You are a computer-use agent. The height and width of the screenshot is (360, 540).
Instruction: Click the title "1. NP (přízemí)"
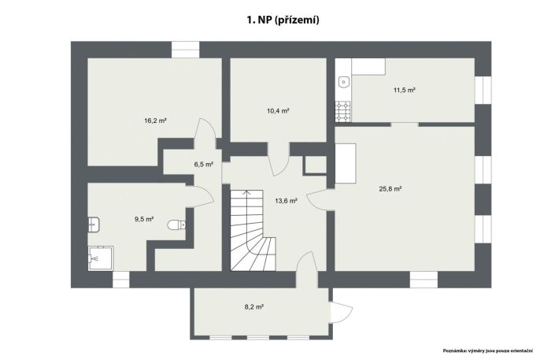pos(283,20)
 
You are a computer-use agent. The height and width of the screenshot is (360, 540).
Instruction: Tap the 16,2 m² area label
pos(155,121)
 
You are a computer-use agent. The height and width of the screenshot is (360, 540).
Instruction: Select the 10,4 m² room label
pos(278,111)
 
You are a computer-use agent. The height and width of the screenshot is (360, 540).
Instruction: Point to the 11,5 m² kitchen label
pos(405,91)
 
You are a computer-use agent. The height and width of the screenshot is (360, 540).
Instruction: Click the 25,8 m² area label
pos(390,189)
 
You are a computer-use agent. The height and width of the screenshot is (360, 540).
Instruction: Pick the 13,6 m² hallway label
pos(287,201)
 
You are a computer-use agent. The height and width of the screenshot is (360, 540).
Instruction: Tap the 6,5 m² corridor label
pos(204,165)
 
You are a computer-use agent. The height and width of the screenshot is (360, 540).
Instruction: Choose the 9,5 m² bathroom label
pos(144,219)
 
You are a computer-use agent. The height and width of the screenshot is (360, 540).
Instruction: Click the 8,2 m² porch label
pos(254,307)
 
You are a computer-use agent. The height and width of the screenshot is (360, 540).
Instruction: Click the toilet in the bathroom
pos(176,225)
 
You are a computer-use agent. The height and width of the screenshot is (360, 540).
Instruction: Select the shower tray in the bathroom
pos(101,258)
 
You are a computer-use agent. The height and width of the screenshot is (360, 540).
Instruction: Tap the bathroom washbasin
pos(94,225)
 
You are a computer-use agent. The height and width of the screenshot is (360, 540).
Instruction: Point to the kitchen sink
pos(344,82)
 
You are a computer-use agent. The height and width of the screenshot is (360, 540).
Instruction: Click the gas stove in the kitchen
pos(342,111)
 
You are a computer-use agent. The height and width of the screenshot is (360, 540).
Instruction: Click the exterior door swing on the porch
pos(342,313)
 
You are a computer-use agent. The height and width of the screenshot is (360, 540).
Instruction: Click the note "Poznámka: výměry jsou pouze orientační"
pos(488,351)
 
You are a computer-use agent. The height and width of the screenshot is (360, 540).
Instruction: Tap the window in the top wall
pos(185,50)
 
